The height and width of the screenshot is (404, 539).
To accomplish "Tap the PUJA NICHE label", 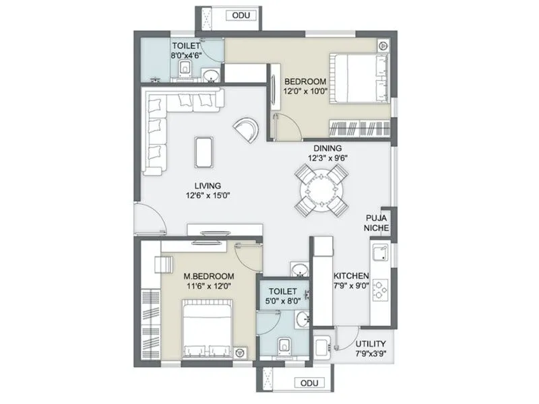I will (x=376, y=223).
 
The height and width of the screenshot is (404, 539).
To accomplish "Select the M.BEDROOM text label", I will (x=209, y=277).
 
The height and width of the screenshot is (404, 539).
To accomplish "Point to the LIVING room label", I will (x=208, y=186).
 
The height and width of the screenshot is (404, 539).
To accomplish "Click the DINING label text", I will (x=327, y=148).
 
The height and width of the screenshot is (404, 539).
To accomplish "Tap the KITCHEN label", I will (x=351, y=276).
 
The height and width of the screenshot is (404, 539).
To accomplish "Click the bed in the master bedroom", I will (x=206, y=330).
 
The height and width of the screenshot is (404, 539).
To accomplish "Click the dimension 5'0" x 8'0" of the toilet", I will (x=282, y=303).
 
